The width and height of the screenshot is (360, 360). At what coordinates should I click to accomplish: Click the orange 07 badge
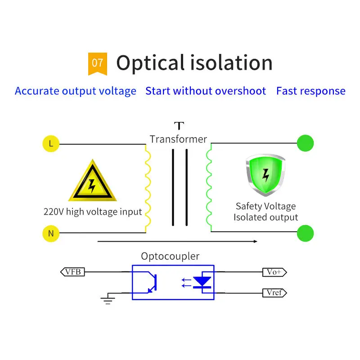[x=97, y=63]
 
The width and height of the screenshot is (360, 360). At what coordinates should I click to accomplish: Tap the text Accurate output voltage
[x=76, y=91]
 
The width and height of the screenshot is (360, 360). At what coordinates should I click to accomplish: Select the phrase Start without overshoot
[x=206, y=91]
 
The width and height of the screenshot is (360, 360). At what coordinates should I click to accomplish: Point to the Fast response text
[x=311, y=91]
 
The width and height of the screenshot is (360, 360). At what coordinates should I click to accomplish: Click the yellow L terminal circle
[x=51, y=144]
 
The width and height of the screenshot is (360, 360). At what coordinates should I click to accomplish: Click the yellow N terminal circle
[x=51, y=233]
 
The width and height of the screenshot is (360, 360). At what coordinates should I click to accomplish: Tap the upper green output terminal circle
[x=305, y=144]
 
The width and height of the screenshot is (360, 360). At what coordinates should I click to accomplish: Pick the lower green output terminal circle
[x=305, y=234]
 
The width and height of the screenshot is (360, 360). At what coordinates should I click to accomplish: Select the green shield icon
[x=265, y=175]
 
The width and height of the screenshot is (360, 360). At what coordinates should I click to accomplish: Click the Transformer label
[x=178, y=139]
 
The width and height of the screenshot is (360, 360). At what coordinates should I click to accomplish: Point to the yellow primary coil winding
[x=148, y=188]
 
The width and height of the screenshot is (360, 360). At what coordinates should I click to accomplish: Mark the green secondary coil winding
[x=209, y=188]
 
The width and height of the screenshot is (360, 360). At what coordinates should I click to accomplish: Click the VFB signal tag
[x=72, y=271]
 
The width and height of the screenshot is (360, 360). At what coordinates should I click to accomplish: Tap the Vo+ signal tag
[x=274, y=272]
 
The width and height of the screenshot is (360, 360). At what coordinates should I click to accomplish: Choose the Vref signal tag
[x=274, y=293]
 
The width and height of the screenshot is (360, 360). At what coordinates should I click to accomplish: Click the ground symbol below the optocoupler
[x=107, y=299]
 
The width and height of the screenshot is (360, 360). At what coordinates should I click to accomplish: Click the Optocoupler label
[x=170, y=256]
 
